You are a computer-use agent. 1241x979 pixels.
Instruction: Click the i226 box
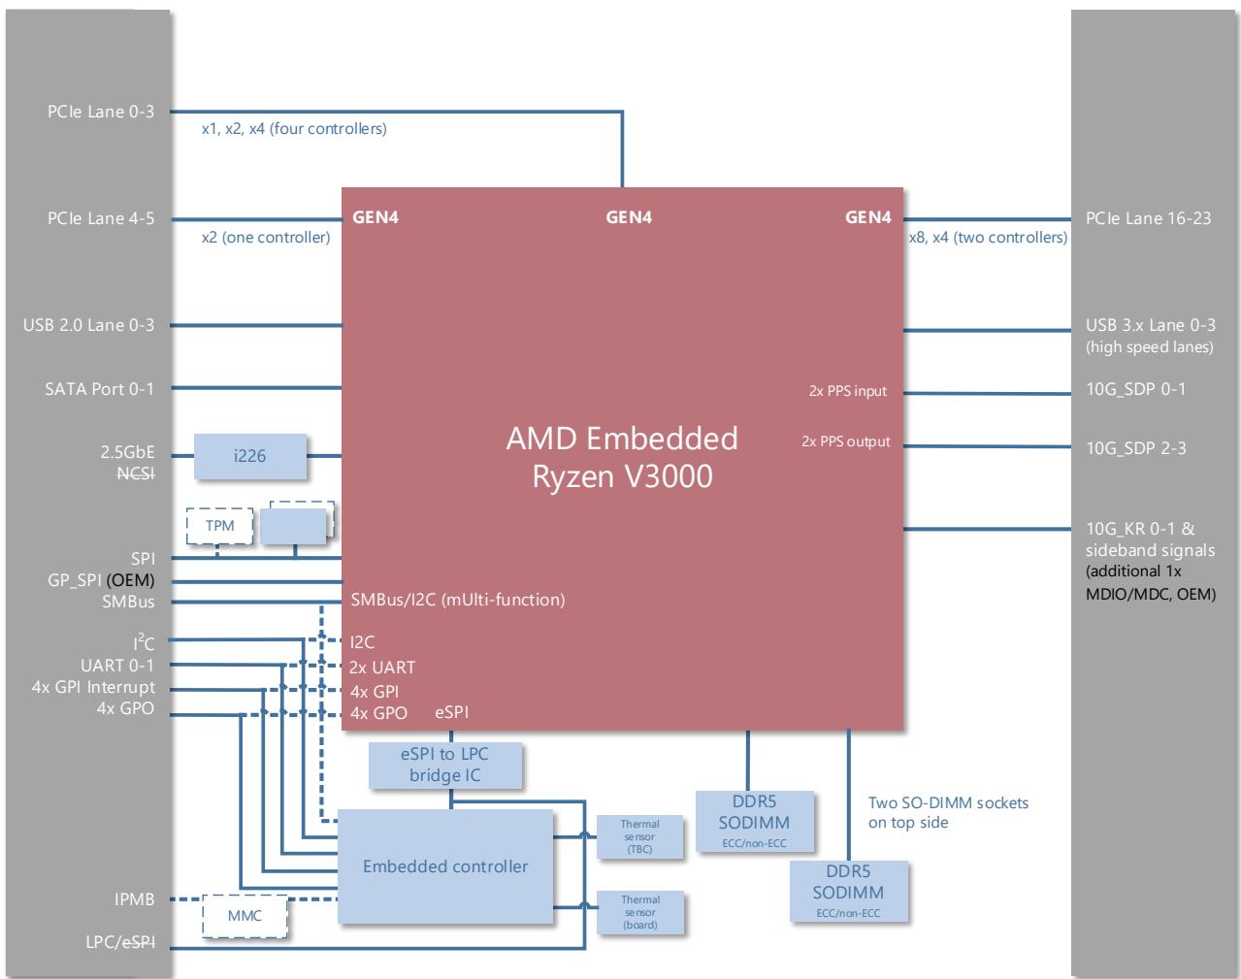pos(249,456)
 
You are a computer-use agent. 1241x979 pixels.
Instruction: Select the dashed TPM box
pos(219,526)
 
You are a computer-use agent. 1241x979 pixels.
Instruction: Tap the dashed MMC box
pos(245,916)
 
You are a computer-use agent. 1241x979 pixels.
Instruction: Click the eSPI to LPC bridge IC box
pos(445,765)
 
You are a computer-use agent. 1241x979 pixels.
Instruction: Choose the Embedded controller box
pos(445,865)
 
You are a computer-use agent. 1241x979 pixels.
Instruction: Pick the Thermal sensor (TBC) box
pos(639,836)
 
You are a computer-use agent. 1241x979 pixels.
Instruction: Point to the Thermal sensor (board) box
pos(640,912)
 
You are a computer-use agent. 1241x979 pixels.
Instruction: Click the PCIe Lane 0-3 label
pos(101,112)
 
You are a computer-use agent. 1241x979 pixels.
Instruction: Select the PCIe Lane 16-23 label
pos(1148,218)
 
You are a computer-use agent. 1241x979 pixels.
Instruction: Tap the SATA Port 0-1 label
pos(100,389)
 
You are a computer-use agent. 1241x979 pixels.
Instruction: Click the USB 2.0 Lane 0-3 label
pos(89,325)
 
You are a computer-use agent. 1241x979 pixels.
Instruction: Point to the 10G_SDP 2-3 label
pos(1136,448)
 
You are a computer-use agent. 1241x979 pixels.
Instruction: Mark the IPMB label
pos(134,899)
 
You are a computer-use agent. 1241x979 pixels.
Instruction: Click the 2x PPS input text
pos(848,391)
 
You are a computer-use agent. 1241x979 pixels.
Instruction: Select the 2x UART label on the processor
pos(381,668)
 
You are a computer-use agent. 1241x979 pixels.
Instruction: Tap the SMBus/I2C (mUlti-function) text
pos(458,600)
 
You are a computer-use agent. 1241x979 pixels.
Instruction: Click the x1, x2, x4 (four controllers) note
pos(294,129)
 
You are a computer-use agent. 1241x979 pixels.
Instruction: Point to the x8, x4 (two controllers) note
pos(989,238)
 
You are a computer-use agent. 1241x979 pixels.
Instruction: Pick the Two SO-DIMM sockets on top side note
pos(948,813)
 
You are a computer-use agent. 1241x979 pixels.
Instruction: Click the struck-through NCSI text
pos(136,474)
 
